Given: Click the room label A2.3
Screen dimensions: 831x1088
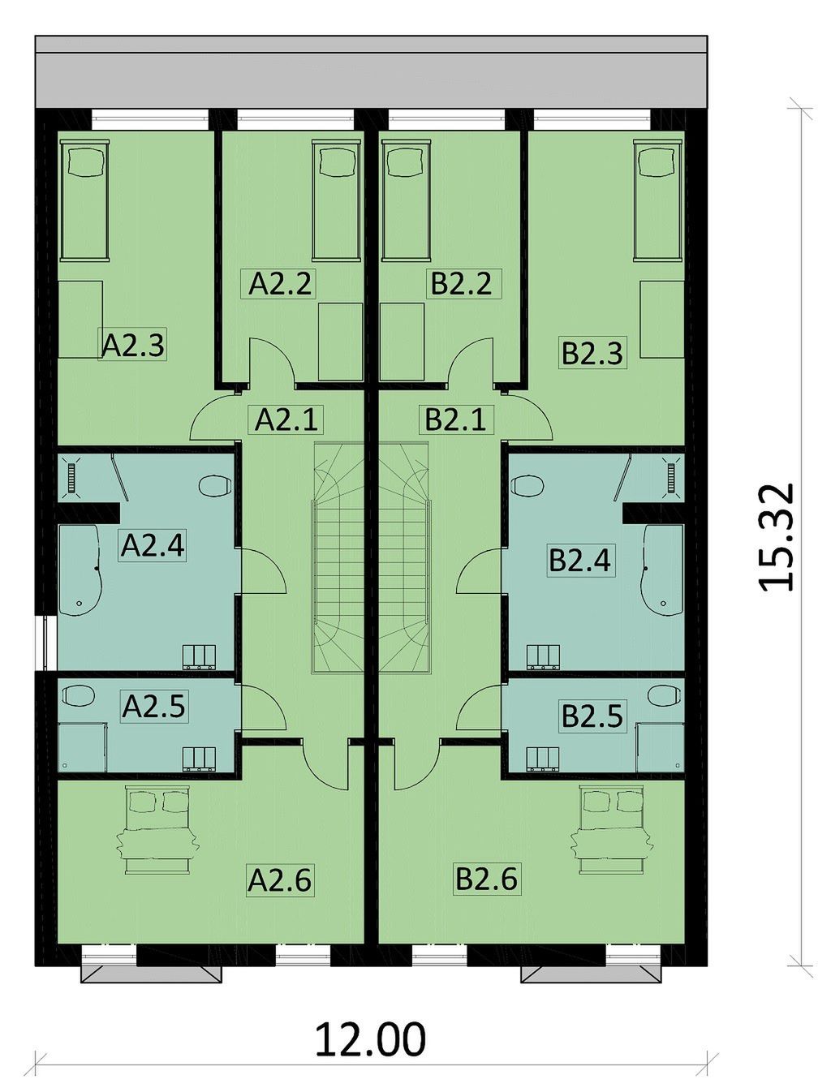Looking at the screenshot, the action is point(132,345).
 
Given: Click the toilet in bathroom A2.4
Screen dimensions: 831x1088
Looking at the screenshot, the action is point(215,485).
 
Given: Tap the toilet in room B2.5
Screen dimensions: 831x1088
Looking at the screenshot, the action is point(664,695).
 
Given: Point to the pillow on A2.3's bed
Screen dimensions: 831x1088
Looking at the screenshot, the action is point(84,161).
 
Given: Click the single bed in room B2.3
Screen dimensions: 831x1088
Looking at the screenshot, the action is point(658,200).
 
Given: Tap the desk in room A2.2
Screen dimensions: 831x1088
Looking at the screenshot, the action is point(340,342).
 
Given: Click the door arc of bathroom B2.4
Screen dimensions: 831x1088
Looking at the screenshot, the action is point(479,570).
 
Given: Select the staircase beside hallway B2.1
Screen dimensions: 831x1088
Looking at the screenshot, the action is point(404,558).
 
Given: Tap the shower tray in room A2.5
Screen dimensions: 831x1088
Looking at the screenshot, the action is point(82,747).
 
